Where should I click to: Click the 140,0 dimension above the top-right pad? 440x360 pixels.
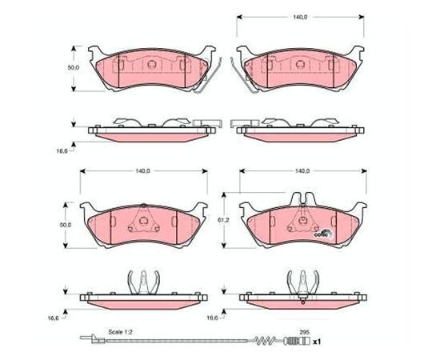click(x=300, y=17)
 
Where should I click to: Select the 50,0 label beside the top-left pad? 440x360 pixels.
click(x=74, y=68)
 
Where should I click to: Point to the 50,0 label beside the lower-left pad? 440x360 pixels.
click(x=66, y=225)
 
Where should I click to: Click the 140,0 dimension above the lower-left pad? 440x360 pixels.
click(x=143, y=171)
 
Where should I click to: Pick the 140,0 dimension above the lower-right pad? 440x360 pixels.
click(x=302, y=171)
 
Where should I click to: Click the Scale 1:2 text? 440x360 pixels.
click(x=120, y=332)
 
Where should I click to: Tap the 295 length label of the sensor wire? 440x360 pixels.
click(x=305, y=332)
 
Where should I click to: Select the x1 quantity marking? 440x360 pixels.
click(x=317, y=342)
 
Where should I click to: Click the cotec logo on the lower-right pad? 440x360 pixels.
click(x=323, y=234)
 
